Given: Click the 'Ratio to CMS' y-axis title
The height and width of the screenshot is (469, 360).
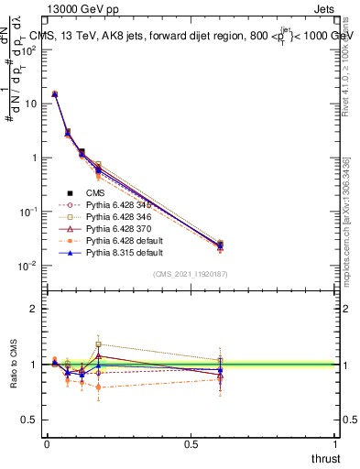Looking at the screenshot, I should [14, 365].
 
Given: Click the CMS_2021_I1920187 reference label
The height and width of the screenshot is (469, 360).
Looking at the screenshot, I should [191, 274].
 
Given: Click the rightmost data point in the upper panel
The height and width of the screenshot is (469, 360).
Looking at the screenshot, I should [220, 245].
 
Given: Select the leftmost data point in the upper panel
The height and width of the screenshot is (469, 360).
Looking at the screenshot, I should [54, 93].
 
